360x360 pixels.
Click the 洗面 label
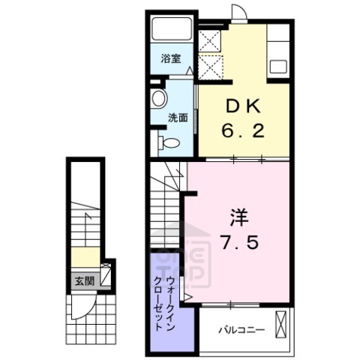(x=177, y=117)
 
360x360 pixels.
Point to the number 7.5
(x=232, y=243)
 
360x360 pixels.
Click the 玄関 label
(x=84, y=281)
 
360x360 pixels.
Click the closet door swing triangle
(x=186, y=291)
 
